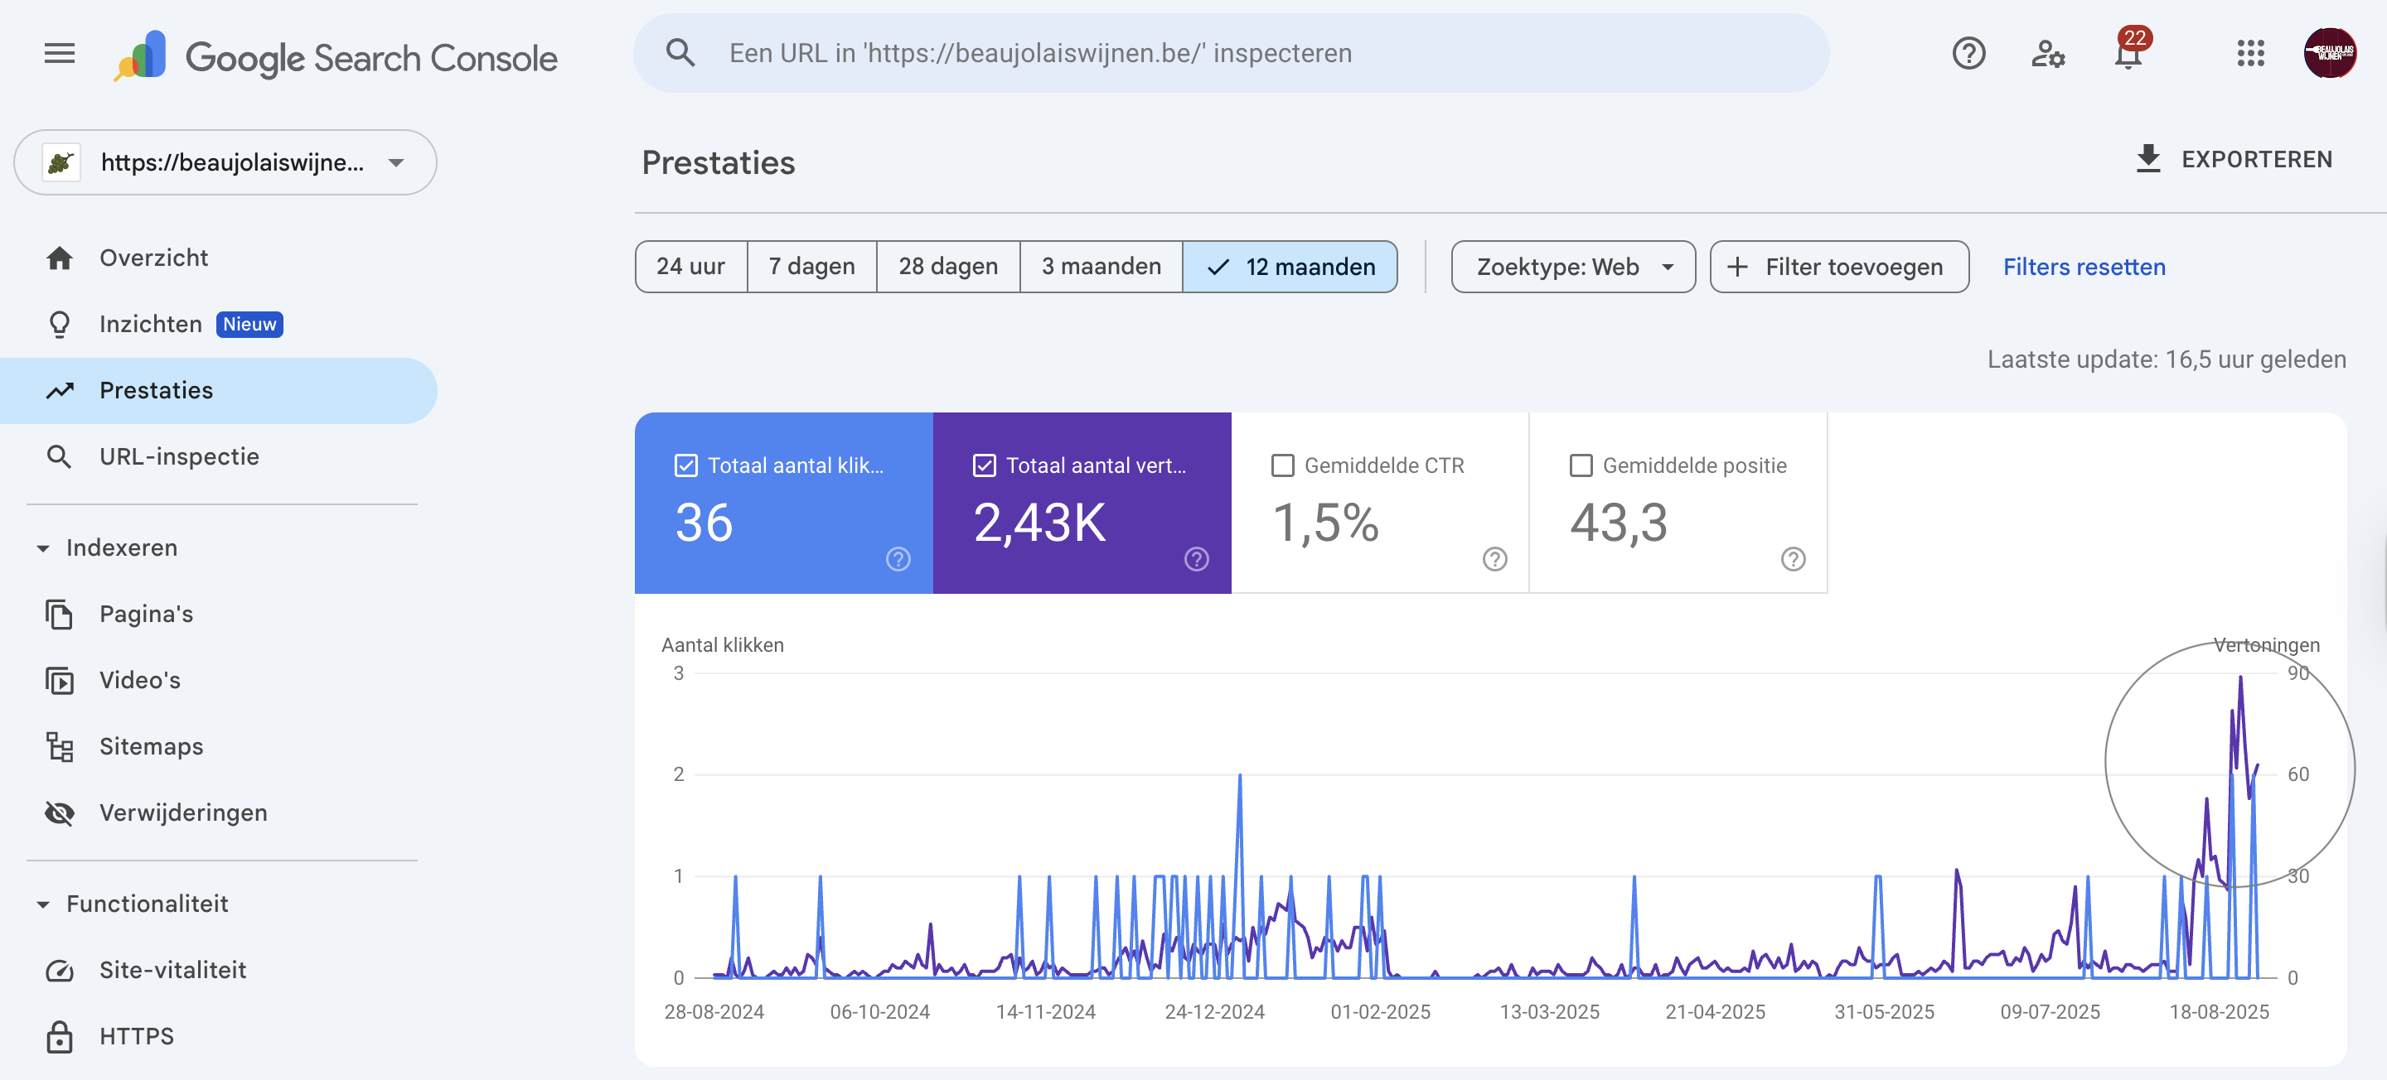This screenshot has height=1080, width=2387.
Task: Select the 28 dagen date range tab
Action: point(947,267)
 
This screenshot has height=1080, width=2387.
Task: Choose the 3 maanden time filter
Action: point(1100,267)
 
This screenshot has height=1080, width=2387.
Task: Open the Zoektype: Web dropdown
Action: point(1572,267)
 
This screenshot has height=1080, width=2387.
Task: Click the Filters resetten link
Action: point(2083,267)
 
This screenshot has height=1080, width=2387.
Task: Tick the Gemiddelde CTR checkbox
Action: point(1282,466)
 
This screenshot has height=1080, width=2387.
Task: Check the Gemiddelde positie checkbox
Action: point(1581,466)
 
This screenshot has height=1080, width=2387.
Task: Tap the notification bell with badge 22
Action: point(2128,54)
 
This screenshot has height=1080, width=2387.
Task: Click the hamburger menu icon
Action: point(60,54)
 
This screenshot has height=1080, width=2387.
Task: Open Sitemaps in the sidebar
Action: point(150,746)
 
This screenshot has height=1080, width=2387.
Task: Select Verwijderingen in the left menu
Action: point(182,812)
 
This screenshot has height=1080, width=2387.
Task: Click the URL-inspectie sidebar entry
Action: point(179,456)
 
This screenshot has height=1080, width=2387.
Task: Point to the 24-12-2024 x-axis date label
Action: point(1214,1011)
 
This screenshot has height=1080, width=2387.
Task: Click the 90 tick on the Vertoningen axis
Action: point(2297,673)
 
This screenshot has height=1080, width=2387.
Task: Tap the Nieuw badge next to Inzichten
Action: point(249,324)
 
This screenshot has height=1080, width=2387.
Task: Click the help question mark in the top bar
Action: point(1968,54)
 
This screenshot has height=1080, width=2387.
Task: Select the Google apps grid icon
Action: point(2250,54)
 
